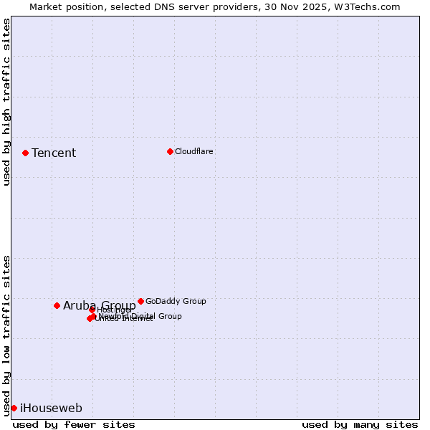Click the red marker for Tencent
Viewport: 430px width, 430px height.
point(25,153)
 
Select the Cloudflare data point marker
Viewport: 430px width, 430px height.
point(170,151)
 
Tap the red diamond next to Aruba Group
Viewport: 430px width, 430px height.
point(57,305)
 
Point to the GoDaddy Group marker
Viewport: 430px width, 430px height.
point(140,301)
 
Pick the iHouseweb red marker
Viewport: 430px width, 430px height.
point(14,408)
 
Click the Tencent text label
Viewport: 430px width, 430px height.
point(54,153)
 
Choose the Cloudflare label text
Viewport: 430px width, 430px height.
point(194,151)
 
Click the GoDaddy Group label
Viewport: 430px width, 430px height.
point(176,301)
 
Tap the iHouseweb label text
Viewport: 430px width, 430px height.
point(51,408)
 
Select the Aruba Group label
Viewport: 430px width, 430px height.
point(99,306)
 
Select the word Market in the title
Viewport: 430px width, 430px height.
point(47,7)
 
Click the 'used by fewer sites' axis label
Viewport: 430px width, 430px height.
point(74,424)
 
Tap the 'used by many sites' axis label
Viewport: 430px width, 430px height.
point(360,424)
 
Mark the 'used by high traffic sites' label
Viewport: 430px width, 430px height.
point(6,102)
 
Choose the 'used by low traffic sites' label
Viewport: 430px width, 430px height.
point(6,335)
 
